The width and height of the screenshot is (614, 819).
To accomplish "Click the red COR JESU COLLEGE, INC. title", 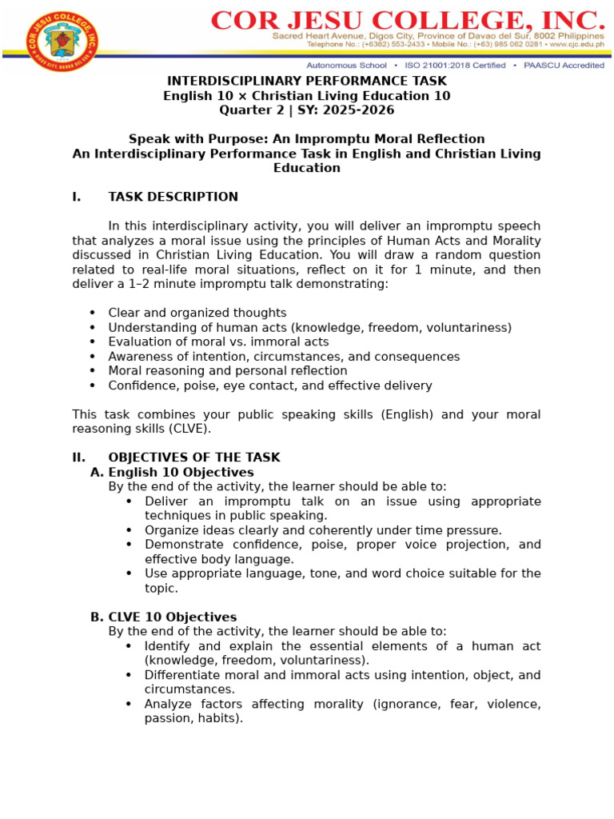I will [x=408, y=19].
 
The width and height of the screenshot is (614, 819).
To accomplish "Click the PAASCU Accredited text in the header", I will [x=564, y=66].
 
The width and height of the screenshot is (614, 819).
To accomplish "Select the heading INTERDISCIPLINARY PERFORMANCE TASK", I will [x=306, y=82].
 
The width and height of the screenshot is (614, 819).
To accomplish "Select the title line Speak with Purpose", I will [x=306, y=139].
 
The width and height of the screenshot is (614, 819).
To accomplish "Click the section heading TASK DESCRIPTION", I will [x=173, y=197].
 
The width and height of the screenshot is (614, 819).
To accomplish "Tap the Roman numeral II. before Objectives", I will [x=79, y=457].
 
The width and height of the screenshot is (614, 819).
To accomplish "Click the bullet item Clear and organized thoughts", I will [x=197, y=314].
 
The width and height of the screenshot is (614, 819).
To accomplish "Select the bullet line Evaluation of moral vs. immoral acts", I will [x=218, y=342].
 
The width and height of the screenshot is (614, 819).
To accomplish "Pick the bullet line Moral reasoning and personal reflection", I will [x=228, y=371].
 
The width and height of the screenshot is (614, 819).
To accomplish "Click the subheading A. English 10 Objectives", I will [x=172, y=473].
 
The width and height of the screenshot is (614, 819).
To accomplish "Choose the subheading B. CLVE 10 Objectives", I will [x=163, y=617].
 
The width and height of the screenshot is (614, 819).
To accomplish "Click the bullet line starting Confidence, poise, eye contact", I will [x=270, y=386].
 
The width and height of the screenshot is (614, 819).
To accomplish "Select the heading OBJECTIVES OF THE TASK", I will [x=194, y=457].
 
